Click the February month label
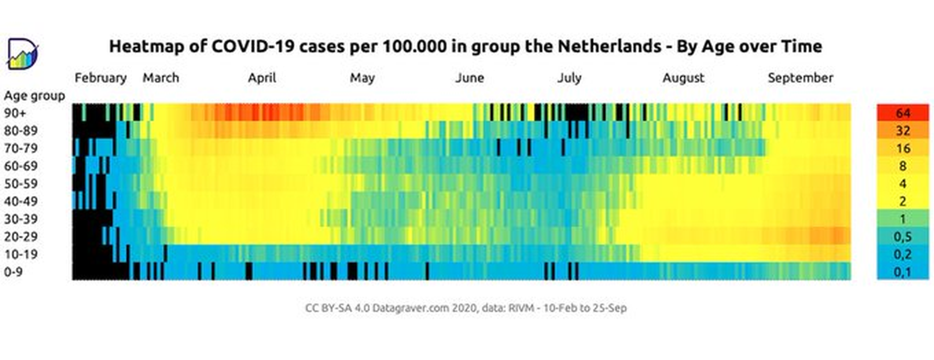pos(101,78)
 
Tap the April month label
pos(262,78)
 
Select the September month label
pos(800,78)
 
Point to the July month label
pos(569,78)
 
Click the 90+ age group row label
pos(15,113)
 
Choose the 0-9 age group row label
pos(14,272)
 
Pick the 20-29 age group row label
pos(21,236)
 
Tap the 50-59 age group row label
pos(21,183)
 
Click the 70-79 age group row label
pos(21,148)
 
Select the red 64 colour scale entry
pos(903,113)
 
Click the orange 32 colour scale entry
pos(903,130)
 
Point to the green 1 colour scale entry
pos(903,219)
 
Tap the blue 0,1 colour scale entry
pos(903,272)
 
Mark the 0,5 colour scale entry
pos(903,236)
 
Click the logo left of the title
pos(22,54)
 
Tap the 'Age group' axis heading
pos(34,96)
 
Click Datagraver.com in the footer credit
pos(411,308)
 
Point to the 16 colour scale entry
pos(903,148)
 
